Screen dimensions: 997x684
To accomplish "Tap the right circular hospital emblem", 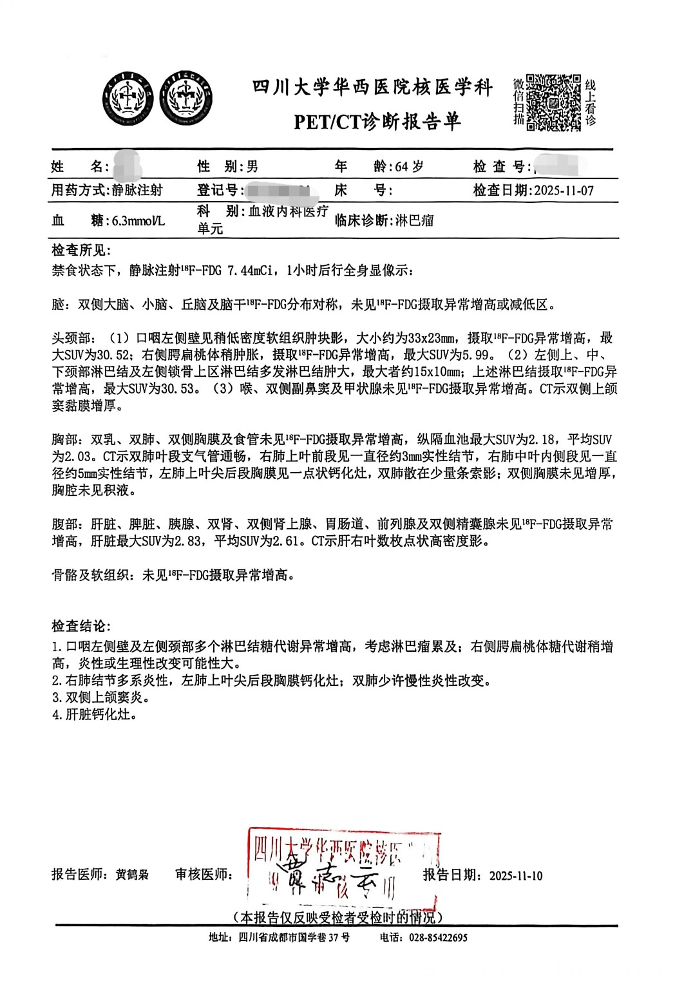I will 187,99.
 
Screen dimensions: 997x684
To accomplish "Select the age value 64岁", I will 409,166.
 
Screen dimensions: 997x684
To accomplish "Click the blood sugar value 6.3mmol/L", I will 138,220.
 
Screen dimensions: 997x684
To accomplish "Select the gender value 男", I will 252,166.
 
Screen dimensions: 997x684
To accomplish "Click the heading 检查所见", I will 81,250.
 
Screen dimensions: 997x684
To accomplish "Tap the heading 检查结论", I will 81,626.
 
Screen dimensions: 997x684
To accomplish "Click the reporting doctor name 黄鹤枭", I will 132,875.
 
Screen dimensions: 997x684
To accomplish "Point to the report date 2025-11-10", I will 516,875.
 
